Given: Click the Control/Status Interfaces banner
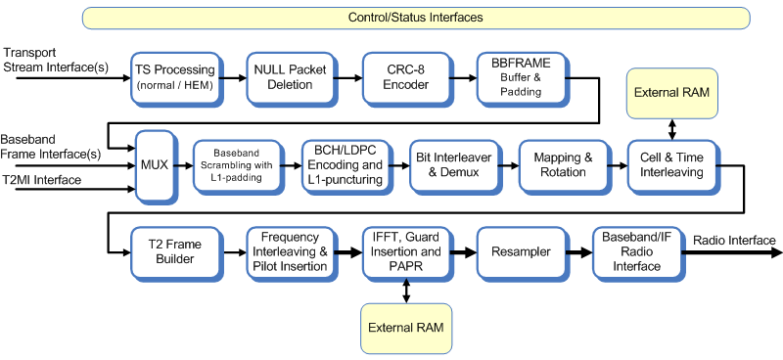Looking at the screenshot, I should point(415,18).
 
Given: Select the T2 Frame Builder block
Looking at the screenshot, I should point(171,252).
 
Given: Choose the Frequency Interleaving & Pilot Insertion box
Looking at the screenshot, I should point(287,252).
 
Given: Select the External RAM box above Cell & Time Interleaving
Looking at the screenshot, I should point(671,93).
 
